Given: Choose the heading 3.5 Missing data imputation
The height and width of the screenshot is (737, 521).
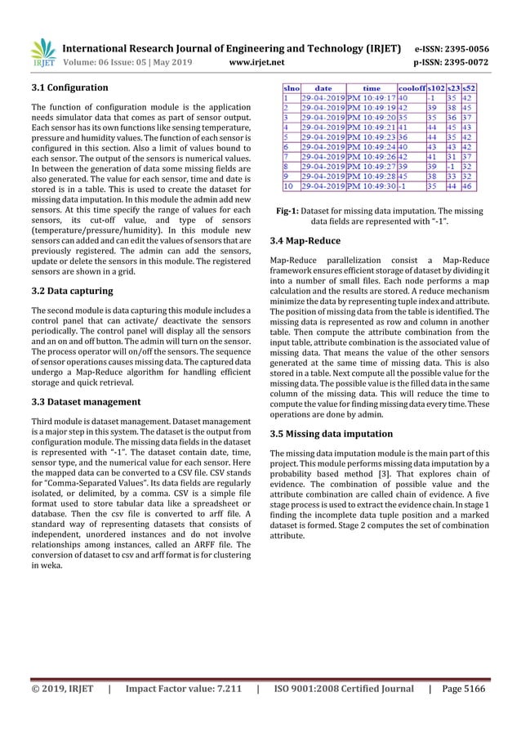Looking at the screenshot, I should coord(331,434).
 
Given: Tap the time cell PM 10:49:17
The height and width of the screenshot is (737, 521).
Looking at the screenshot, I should coord(372,97).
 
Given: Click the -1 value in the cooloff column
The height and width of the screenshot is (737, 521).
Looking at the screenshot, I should coord(403,187).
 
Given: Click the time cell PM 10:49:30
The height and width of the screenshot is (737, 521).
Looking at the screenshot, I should coord(372,187).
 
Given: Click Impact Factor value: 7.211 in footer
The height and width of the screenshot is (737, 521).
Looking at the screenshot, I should coord(187,712).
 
